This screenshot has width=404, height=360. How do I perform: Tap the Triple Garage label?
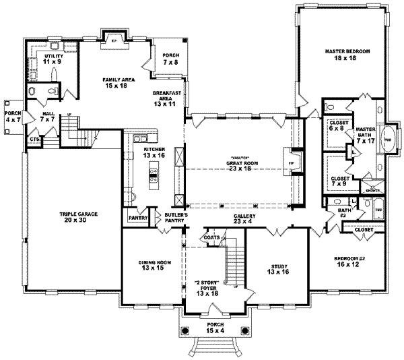click(79, 218)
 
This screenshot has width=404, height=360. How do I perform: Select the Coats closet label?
click(209, 237)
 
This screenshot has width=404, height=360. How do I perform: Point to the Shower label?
click(372, 191)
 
